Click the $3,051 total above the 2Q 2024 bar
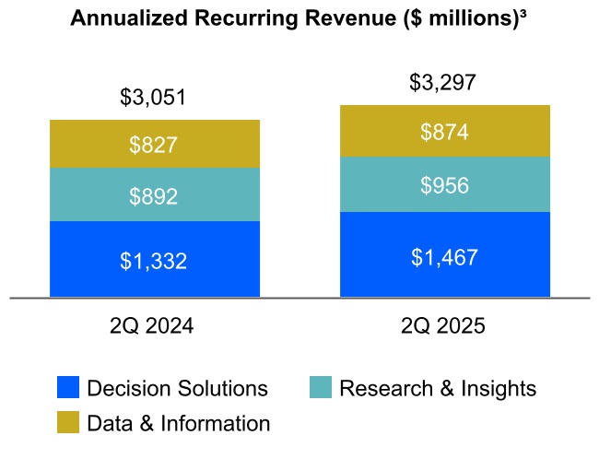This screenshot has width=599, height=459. tap(154, 97)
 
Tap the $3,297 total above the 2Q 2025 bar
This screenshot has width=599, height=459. tap(443, 83)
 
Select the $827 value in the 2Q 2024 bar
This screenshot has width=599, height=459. tap(154, 145)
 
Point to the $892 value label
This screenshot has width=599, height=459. tap(154, 196)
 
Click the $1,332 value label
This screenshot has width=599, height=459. tap(154, 261)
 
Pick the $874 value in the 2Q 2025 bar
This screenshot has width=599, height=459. tap(444, 132)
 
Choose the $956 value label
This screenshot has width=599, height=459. tap(444, 185)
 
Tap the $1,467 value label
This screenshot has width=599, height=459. tap(444, 256)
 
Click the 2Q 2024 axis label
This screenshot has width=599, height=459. tap(154, 326)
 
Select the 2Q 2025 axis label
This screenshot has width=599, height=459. tap(444, 326)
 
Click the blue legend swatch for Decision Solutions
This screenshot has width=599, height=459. tap(68, 388)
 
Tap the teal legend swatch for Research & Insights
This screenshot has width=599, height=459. tap(320, 388)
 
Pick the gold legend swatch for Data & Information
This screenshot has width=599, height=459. tap(68, 423)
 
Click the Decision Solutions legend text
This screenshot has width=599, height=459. tap(177, 389)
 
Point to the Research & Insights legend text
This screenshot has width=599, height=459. tap(438, 389)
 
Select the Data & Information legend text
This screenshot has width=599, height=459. tap(179, 424)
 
